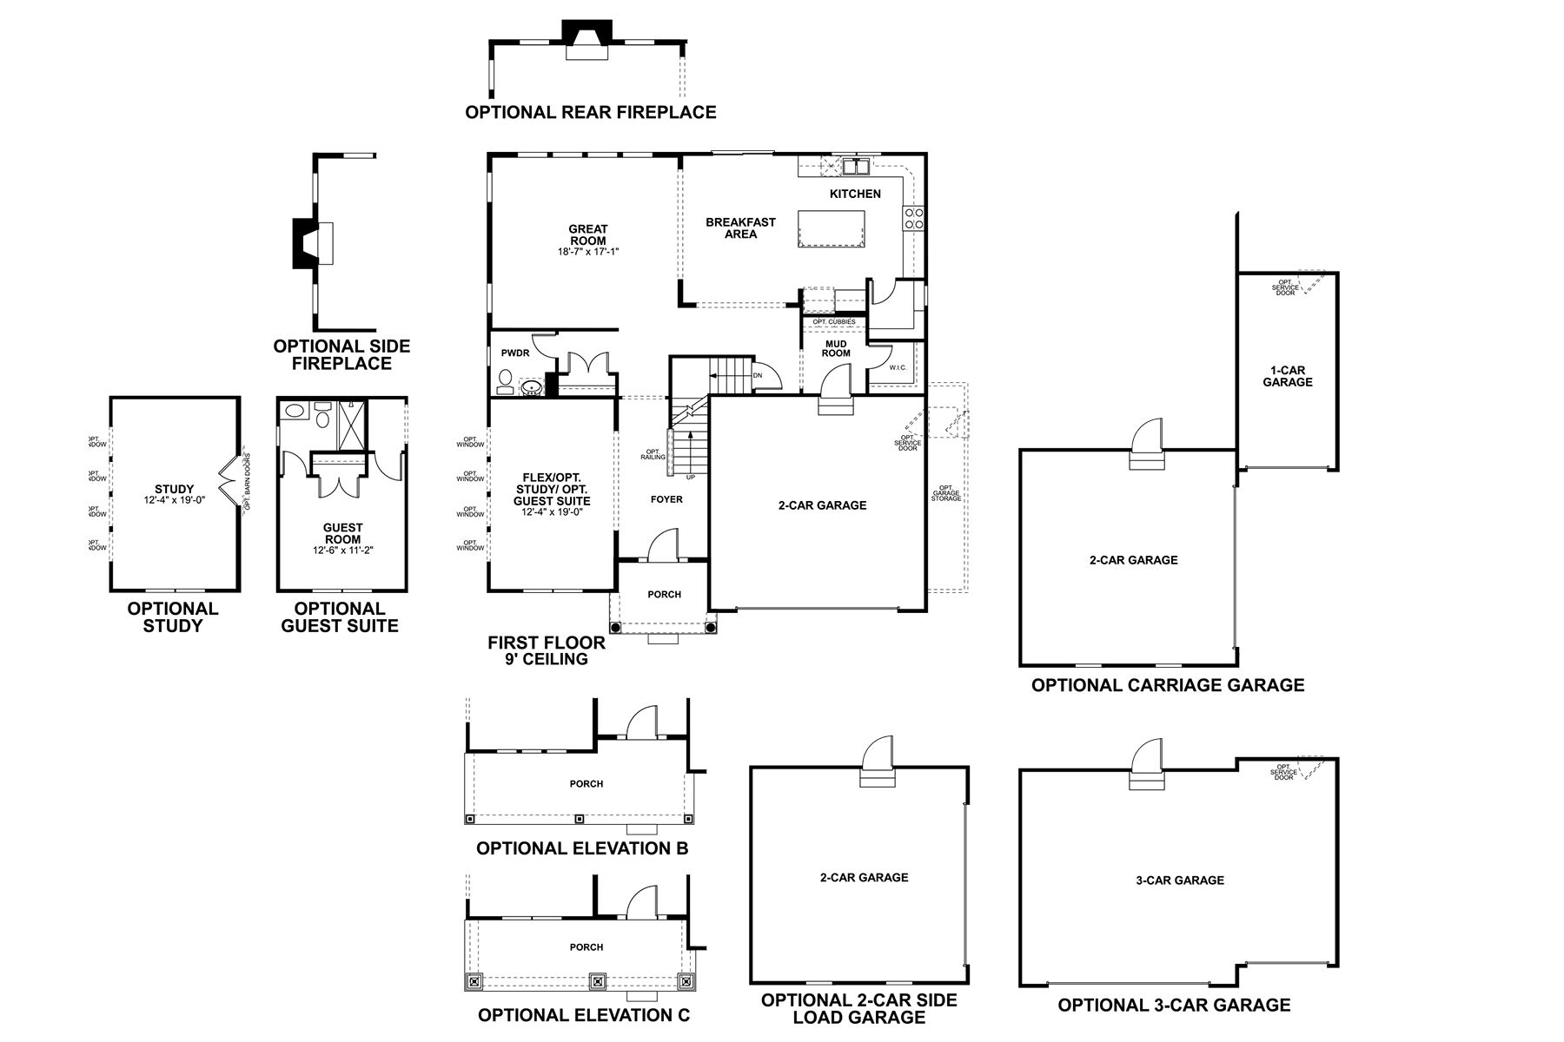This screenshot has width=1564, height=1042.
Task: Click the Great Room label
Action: pos(588,235)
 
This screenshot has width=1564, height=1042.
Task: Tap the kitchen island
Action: pos(830,228)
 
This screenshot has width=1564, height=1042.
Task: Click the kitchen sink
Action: pos(855,165)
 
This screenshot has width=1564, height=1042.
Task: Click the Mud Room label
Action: pos(836,348)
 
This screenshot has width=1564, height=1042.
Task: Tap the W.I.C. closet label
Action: pos(898,367)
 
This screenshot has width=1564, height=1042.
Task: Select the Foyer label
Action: pos(666,499)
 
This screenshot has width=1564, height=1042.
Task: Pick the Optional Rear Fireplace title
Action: pos(591,112)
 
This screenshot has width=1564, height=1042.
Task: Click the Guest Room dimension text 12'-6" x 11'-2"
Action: pos(342,551)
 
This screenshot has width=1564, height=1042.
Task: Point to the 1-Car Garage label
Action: pos(1288,376)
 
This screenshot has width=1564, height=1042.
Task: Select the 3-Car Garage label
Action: pos(1179,880)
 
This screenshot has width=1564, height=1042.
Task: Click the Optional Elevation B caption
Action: pos(582,848)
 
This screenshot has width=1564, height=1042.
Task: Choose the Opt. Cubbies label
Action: pos(833,322)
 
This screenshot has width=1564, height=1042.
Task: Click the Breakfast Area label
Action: pos(740,228)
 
